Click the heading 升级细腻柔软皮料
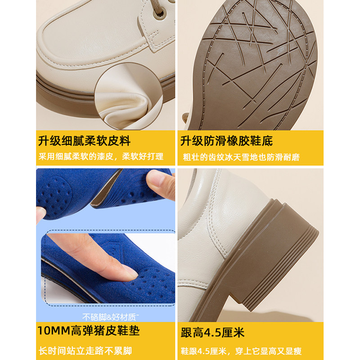coord(84,141)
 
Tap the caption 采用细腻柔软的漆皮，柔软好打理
coord(100,157)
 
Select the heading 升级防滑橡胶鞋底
coord(226,141)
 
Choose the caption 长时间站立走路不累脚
coord(86,350)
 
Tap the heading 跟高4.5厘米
coord(212,333)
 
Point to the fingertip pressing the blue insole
coord(128,271)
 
